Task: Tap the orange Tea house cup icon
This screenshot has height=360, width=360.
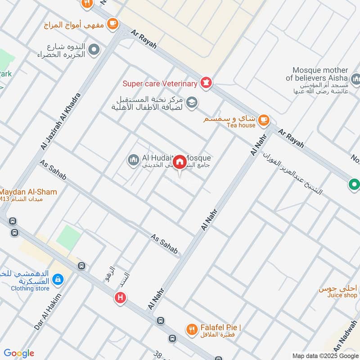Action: [x=264, y=120]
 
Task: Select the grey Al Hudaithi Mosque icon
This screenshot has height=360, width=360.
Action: [x=133, y=160]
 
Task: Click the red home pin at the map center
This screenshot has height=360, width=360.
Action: [x=180, y=162]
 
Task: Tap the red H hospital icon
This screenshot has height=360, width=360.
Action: [x=120, y=297]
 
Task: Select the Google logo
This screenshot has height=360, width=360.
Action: [x=19, y=353]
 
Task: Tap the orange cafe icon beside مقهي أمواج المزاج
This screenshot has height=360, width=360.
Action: [x=112, y=23]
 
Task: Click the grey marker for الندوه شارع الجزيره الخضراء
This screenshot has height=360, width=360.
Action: [x=94, y=49]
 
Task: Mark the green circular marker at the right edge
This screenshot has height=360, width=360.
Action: [x=354, y=184]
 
